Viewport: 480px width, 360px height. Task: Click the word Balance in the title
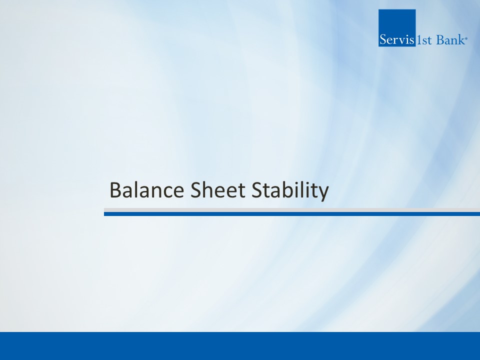tap(146, 190)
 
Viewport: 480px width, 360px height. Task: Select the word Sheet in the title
tap(217, 190)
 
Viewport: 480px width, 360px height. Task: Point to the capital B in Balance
tap(115, 190)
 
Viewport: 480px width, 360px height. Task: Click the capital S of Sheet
tap(196, 190)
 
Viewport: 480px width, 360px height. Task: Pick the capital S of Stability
tap(257, 190)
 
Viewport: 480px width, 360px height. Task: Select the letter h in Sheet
tap(209, 189)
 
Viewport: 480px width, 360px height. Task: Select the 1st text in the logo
tap(423, 40)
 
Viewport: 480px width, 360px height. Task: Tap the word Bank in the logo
tap(450, 40)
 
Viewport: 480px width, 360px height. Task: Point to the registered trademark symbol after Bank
tap(466, 38)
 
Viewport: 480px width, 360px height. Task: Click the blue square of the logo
tap(397, 28)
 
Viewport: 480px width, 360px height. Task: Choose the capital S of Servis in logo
tap(383, 40)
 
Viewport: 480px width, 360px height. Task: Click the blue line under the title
tap(292, 214)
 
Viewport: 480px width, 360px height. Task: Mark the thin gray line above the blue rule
tap(292, 210)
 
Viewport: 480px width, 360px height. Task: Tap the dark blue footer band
tap(240, 346)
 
